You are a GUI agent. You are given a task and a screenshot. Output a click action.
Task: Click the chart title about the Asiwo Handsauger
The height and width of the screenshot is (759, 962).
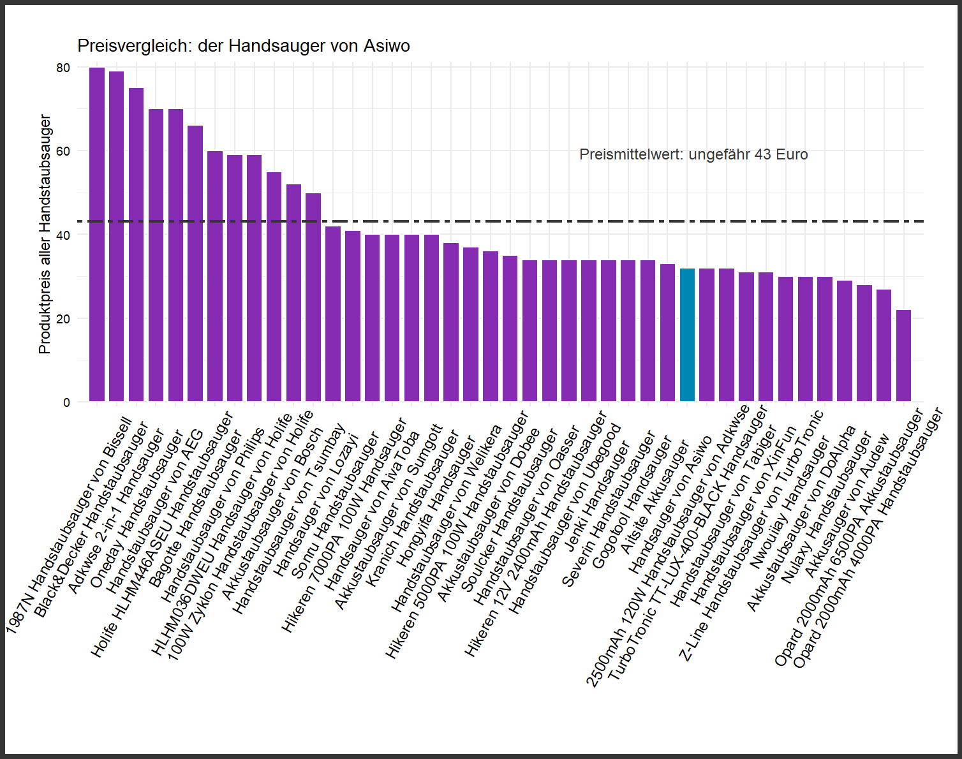[x=243, y=46]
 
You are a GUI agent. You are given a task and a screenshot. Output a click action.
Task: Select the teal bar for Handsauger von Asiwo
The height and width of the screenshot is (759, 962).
[x=687, y=335]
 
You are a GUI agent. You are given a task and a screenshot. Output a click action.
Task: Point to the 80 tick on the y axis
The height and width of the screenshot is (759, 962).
[x=63, y=68]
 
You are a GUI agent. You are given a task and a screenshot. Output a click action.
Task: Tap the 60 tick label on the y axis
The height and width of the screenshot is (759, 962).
[x=63, y=151]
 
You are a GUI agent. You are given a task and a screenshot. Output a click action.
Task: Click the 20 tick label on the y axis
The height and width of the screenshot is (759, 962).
[x=63, y=319]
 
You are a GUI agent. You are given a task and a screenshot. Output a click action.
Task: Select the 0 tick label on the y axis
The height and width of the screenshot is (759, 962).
[x=66, y=402]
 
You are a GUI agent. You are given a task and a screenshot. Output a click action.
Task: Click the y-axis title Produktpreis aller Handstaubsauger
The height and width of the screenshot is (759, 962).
[x=45, y=234]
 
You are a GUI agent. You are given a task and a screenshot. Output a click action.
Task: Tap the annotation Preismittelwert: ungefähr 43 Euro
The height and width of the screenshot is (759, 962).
[x=693, y=154]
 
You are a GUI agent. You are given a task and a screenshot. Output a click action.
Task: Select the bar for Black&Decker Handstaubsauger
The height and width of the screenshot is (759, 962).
[x=117, y=236]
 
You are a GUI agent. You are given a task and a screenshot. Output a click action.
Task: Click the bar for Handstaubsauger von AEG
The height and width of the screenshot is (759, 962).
[x=175, y=255]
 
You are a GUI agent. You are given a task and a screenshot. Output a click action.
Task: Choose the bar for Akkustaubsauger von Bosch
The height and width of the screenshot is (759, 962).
[x=293, y=293]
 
